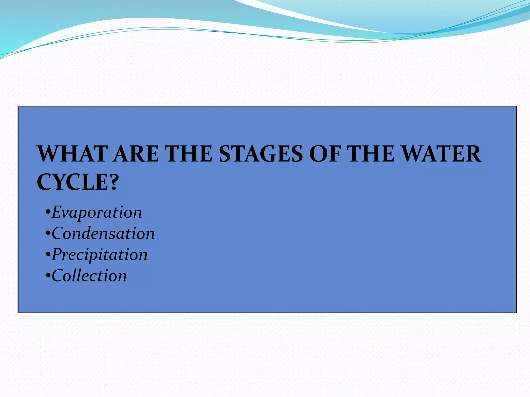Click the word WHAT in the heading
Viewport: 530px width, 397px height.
(72, 154)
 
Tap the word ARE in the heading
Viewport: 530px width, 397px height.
(136, 154)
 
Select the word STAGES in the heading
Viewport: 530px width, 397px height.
(261, 154)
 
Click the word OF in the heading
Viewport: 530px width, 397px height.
(325, 154)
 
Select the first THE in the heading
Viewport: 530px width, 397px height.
(189, 154)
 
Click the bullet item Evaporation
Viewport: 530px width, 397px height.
(97, 212)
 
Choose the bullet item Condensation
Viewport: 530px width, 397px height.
(103, 234)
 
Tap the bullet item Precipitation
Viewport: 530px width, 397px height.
(100, 255)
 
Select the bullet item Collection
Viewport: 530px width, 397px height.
(89, 276)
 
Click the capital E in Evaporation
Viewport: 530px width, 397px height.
(56, 212)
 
